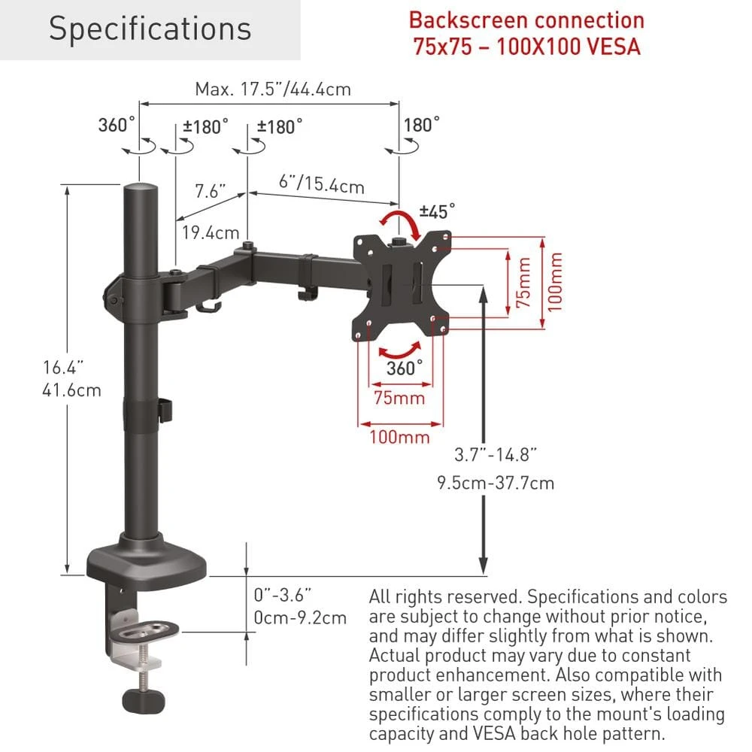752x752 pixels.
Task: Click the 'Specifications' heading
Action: coord(150,29)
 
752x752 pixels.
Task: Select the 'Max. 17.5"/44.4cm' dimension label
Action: coord(273,89)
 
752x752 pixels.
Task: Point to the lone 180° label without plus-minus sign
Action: coord(421,124)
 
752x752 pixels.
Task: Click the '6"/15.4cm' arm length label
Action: coord(321,183)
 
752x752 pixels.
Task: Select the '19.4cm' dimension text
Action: coord(211,232)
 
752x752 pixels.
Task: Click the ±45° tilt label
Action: coord(437,211)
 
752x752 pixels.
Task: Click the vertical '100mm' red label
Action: coord(556,281)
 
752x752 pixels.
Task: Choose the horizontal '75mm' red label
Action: coord(399,398)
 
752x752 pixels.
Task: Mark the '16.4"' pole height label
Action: coord(63,368)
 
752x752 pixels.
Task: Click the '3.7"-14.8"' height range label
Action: coord(496,454)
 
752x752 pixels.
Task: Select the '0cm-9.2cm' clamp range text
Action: coord(300,618)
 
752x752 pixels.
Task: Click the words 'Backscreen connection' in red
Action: coord(526,20)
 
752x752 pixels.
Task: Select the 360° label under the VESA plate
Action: coord(405,368)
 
